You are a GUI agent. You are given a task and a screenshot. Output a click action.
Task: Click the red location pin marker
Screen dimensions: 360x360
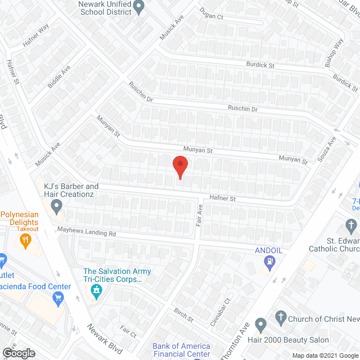click(x=179, y=166)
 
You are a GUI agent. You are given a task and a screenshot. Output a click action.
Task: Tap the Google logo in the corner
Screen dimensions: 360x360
click(x=18, y=353)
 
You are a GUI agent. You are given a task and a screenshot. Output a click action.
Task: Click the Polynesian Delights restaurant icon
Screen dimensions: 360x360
click(x=25, y=241)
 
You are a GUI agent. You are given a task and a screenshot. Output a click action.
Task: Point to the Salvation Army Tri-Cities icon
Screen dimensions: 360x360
click(x=96, y=290)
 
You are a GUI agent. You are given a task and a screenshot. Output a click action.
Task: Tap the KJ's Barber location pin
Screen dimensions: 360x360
click(x=56, y=208)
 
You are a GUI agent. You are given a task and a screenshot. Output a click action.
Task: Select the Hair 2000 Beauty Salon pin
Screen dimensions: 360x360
click(x=260, y=325)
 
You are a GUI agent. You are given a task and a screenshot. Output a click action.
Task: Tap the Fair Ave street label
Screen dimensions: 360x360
click(x=199, y=215)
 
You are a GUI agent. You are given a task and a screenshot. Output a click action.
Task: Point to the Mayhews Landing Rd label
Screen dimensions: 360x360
click(x=86, y=231)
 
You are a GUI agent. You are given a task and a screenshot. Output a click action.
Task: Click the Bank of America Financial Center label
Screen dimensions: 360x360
click(x=181, y=350)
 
